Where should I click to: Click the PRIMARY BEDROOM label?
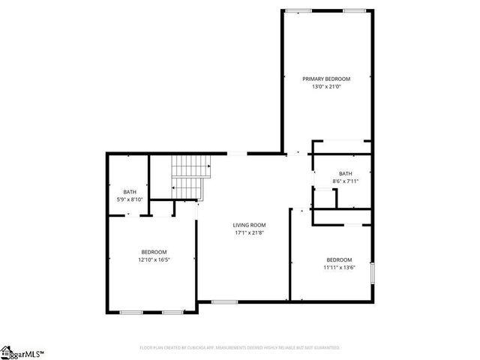[326, 79]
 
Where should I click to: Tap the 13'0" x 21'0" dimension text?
[326, 87]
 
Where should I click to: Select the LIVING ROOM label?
[248, 225]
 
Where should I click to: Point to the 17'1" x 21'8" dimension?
[248, 233]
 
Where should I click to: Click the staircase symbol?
[190, 177]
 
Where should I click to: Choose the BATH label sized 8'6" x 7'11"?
[345, 173]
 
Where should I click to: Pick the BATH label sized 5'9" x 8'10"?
[130, 191]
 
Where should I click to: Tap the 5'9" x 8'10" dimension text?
[130, 199]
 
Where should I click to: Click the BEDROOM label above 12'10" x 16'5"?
[154, 252]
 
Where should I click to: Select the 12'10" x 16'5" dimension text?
[154, 260]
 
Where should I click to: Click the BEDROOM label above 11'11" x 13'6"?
[339, 259]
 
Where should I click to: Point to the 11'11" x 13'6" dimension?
[339, 268]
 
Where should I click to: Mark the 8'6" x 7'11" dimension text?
[345, 181]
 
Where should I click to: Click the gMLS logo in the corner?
[22, 352]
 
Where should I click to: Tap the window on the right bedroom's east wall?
[372, 269]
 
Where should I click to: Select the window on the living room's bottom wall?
[224, 301]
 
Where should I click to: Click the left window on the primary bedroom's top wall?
[298, 10]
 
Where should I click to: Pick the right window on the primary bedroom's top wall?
[354, 10]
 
